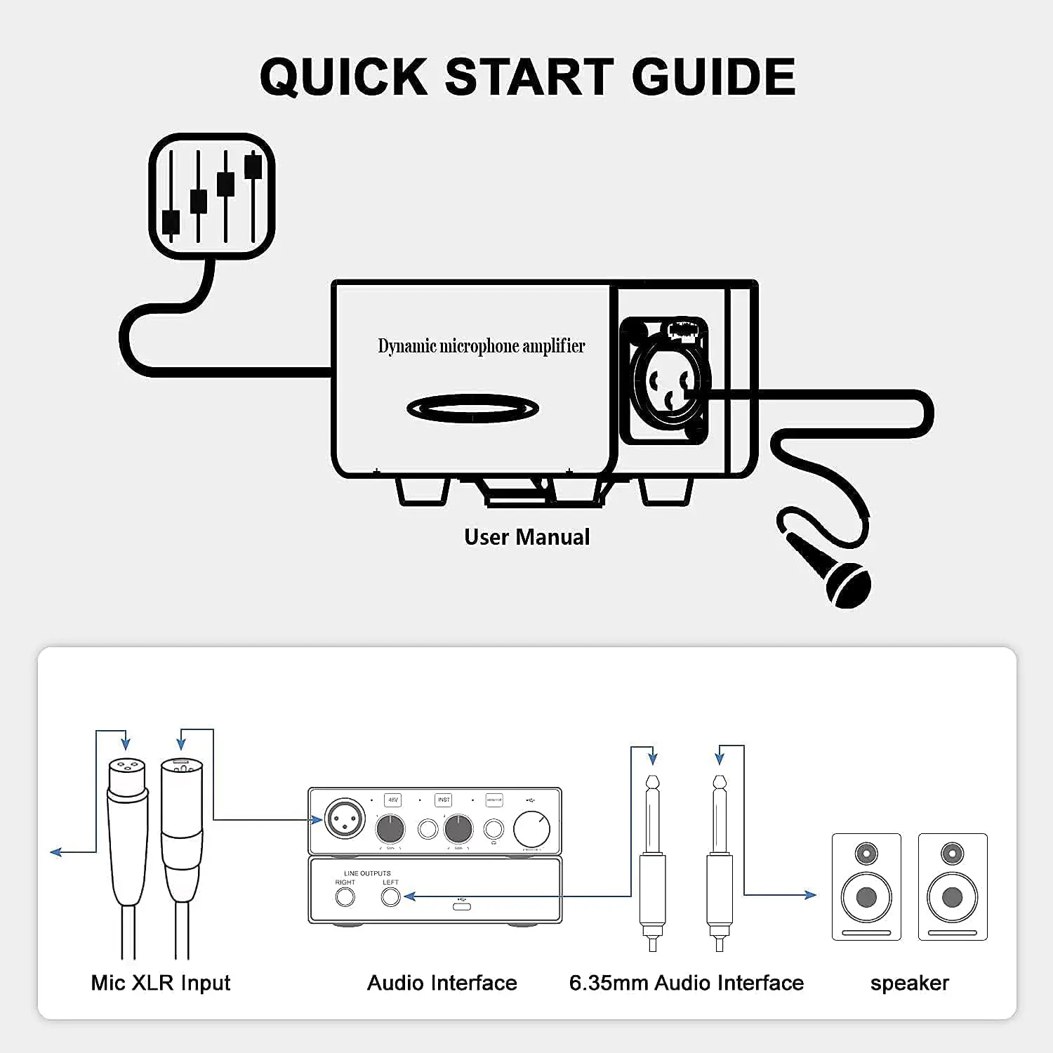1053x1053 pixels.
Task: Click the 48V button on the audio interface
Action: [393, 800]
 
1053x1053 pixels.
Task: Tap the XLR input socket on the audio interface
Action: [345, 819]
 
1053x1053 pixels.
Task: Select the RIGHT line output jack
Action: [345, 897]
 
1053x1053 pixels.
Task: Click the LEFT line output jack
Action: [390, 897]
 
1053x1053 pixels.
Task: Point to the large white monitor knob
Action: [531, 829]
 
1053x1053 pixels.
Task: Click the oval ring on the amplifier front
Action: [472, 409]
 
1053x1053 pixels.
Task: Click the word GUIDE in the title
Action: [713, 77]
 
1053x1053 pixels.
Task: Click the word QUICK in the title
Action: [344, 77]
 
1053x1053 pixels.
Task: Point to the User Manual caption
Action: [526, 537]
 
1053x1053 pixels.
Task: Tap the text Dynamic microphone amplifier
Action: [481, 346]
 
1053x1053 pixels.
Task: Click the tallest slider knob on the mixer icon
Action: [253, 166]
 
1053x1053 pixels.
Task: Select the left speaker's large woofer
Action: [866, 897]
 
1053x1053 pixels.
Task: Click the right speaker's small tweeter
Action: [953, 854]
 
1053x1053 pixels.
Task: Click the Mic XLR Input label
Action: [161, 983]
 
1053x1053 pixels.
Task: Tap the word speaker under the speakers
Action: [909, 983]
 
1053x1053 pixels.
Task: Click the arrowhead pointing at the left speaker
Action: [812, 895]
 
